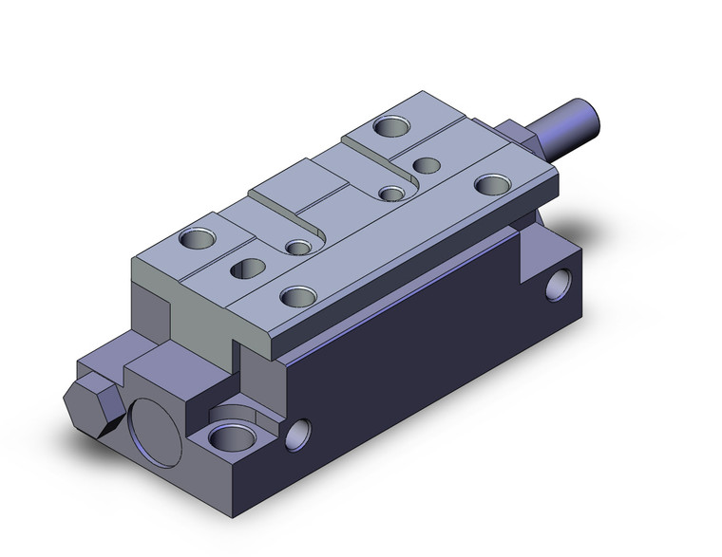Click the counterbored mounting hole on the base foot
pyautogui.click(x=228, y=437)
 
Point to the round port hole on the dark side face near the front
pyautogui.click(x=303, y=433)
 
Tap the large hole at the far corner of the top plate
pyautogui.click(x=390, y=124)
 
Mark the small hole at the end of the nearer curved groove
pyautogui.click(x=300, y=249)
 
